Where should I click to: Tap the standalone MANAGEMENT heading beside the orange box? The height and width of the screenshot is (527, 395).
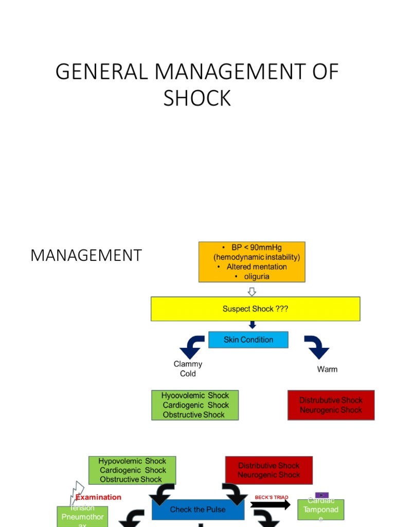[86, 255]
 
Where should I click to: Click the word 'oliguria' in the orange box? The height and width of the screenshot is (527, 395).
[257, 276]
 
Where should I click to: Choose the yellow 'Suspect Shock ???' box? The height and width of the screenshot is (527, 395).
[255, 309]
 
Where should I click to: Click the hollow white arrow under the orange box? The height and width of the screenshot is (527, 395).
[252, 292]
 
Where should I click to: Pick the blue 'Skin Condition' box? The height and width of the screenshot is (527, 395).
[248, 340]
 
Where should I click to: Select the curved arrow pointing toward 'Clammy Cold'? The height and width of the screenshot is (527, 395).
[191, 346]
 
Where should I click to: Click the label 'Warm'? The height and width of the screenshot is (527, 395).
[327, 369]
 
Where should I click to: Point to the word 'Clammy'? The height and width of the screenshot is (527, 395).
[188, 364]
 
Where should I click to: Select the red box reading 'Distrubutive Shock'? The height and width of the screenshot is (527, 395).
[331, 405]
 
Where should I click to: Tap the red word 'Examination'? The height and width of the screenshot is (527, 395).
[98, 497]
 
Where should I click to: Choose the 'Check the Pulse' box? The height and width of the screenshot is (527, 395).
[198, 510]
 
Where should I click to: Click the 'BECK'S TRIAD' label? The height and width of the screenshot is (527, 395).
[272, 498]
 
